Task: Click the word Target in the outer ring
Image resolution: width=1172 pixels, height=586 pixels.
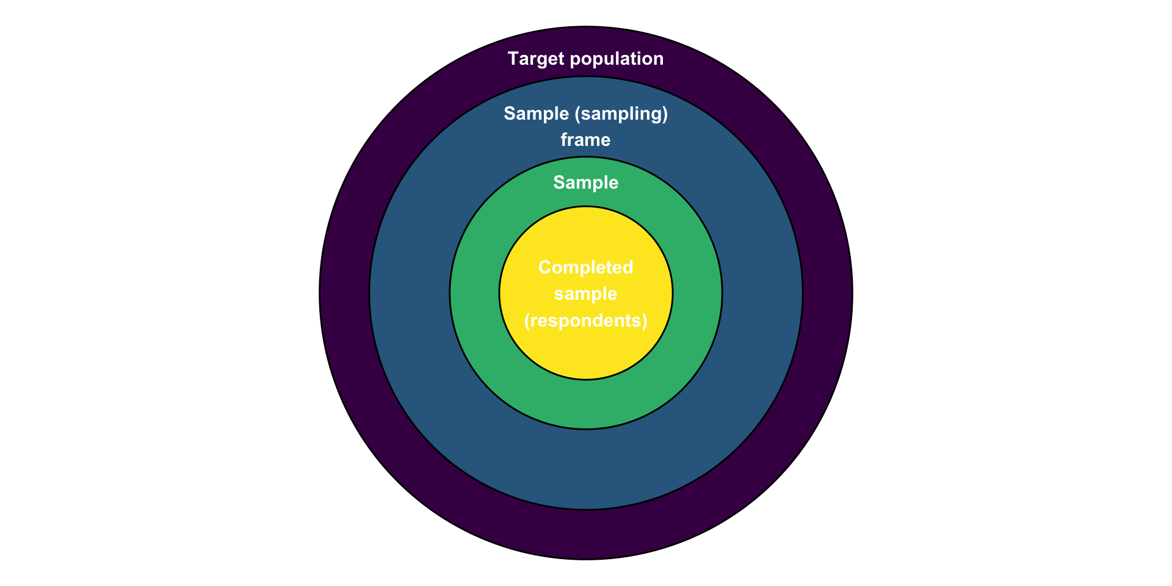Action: click(535, 59)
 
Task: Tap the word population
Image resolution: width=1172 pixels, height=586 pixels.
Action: click(616, 59)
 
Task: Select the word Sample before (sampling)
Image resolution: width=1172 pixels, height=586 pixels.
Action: click(537, 114)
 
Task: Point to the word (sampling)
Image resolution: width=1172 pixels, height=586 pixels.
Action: click(621, 114)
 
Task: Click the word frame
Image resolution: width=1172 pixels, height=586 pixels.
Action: click(586, 140)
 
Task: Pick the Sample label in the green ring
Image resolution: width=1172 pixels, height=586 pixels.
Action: click(586, 183)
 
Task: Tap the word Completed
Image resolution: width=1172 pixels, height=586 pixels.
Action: click(586, 267)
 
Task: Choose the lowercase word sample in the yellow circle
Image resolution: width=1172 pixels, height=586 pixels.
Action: click(586, 294)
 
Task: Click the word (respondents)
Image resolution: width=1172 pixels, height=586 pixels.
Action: click(586, 320)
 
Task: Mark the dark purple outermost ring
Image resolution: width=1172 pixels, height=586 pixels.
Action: click(344, 293)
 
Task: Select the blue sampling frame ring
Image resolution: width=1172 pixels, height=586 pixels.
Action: click(409, 293)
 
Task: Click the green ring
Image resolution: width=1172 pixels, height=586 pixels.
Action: click(474, 293)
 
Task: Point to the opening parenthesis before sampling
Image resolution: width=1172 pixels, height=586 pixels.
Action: click(577, 114)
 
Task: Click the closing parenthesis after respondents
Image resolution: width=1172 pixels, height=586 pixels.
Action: click(645, 320)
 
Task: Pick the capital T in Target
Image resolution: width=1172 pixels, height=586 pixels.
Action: click(513, 59)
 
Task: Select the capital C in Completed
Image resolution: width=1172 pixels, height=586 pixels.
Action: click(545, 267)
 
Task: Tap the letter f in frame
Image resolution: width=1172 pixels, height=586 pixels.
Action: click(565, 139)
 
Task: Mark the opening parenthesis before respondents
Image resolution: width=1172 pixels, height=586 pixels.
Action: click(527, 320)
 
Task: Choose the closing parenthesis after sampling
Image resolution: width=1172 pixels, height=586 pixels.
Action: click(665, 114)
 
